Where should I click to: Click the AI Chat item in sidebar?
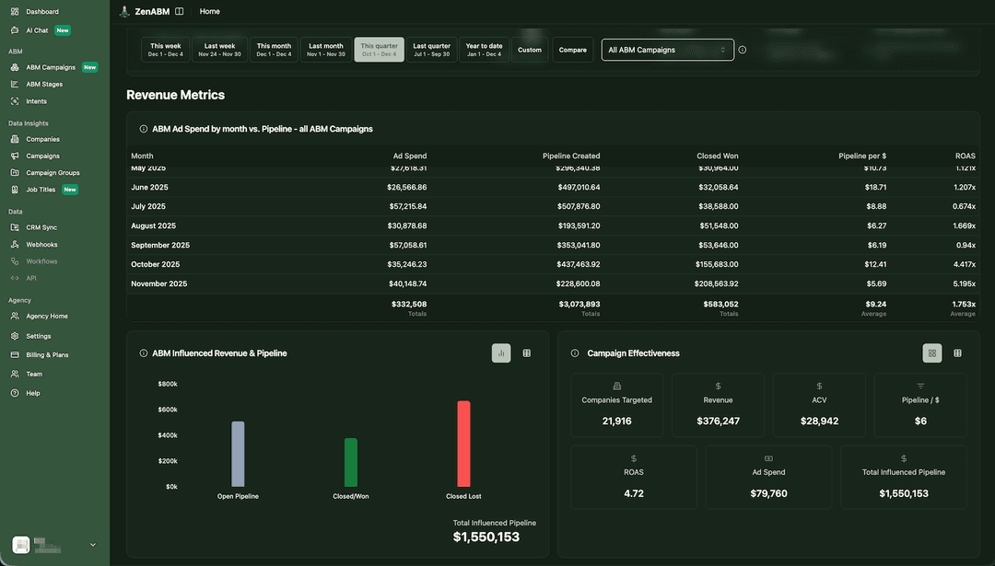coord(37,30)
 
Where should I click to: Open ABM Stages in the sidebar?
coord(44,84)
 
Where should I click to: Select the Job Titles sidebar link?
coord(41,190)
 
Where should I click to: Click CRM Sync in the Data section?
coord(41,227)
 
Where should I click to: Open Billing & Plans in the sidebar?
coord(47,354)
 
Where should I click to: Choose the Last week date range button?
coord(219,50)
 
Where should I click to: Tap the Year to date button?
coord(484,50)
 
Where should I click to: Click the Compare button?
coord(572,50)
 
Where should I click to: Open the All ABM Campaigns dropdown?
coord(667,50)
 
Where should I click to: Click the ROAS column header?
coord(965,156)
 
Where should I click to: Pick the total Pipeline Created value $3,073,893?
coord(579,304)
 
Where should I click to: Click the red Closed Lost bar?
coord(463,444)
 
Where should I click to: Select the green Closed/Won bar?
coord(350,462)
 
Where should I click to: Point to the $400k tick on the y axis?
coord(168,435)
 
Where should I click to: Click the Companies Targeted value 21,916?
coord(616,421)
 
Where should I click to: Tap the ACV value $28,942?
coord(819,421)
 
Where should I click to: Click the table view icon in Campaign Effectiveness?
coord(957,352)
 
